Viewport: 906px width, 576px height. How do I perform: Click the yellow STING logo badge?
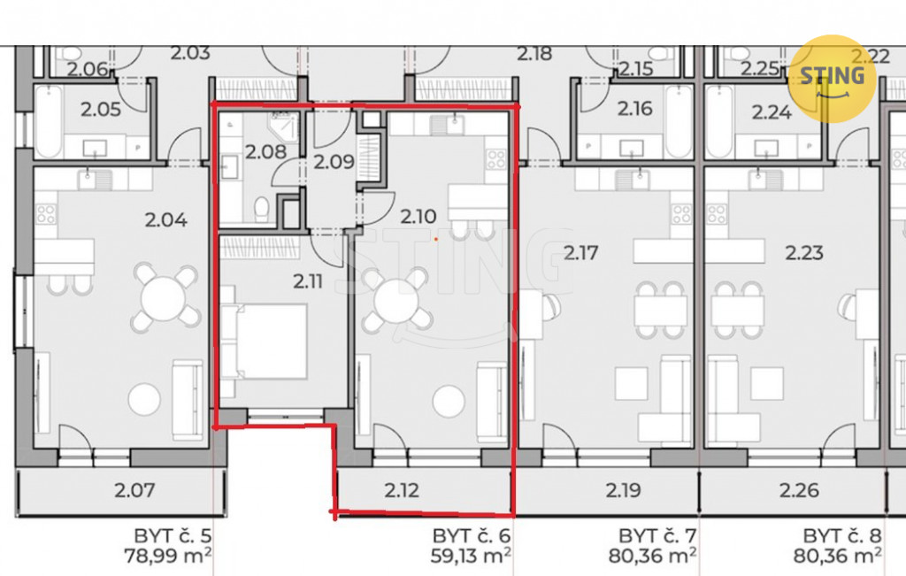(832, 79)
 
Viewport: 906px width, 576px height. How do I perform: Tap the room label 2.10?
(418, 217)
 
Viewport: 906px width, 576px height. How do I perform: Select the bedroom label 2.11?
(307, 281)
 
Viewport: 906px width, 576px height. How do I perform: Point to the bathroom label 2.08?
(265, 152)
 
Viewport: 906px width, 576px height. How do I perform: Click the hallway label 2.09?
(334, 162)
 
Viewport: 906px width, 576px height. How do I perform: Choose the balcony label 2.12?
(402, 490)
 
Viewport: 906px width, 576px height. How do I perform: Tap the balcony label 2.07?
(134, 490)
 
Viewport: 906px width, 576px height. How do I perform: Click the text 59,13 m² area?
(471, 557)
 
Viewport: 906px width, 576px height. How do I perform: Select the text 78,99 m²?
(167, 557)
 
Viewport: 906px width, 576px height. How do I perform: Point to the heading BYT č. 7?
(657, 535)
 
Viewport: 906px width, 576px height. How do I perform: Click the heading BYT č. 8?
(842, 535)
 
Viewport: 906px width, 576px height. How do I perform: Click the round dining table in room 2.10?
(396, 301)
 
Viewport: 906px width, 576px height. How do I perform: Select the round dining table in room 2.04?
(164, 298)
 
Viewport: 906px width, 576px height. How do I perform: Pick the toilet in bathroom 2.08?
(262, 209)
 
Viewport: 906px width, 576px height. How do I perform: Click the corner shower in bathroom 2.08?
(284, 127)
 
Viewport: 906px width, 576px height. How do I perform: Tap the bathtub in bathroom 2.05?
(49, 122)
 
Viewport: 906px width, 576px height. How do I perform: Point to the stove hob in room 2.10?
(496, 159)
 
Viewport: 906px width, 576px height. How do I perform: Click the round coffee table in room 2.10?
(449, 401)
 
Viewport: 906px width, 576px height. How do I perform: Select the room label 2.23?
(803, 252)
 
